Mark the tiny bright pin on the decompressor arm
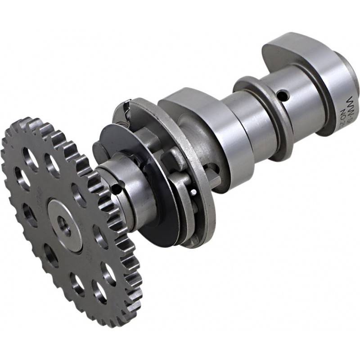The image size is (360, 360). [193, 192]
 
